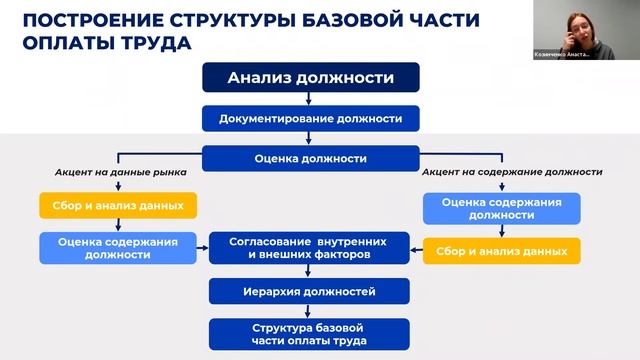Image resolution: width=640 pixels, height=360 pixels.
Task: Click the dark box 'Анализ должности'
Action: (x=309, y=78)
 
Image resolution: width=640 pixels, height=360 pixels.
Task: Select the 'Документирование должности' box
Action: (x=309, y=118)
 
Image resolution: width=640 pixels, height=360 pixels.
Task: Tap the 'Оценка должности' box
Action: (x=309, y=158)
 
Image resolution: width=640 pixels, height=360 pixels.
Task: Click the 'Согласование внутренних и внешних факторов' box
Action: (x=309, y=247)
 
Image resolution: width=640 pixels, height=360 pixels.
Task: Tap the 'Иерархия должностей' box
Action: (x=309, y=291)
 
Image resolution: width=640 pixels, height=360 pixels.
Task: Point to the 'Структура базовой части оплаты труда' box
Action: (x=309, y=334)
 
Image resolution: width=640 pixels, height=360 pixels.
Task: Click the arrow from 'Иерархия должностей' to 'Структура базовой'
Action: (x=309, y=311)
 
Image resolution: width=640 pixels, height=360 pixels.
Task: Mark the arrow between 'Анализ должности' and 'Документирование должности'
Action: (x=309, y=98)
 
